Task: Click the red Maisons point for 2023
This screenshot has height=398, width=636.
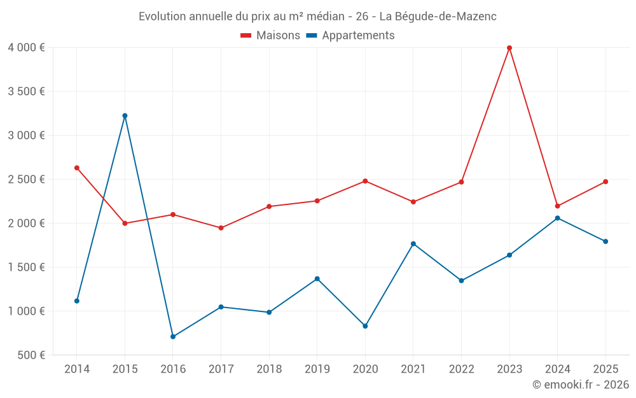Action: (x=509, y=48)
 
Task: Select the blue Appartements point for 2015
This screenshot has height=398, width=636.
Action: (x=125, y=115)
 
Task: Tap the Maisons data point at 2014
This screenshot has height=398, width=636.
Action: (x=77, y=167)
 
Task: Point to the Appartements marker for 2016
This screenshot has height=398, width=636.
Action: (x=173, y=336)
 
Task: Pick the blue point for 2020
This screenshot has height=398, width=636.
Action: (x=365, y=326)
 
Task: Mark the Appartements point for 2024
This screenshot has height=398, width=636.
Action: (x=558, y=218)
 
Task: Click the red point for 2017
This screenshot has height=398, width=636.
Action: (x=221, y=227)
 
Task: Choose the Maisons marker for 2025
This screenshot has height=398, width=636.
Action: (x=605, y=181)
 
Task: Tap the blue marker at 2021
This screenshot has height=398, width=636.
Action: (x=413, y=243)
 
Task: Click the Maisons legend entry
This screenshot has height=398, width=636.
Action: (x=270, y=36)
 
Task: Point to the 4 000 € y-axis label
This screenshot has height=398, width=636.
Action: (x=26, y=48)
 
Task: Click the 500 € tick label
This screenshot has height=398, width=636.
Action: (x=31, y=355)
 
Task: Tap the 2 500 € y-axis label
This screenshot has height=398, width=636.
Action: (x=26, y=179)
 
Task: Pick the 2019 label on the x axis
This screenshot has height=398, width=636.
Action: (x=317, y=369)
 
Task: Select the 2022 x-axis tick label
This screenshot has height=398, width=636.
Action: (x=462, y=369)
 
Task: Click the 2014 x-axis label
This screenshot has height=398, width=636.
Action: (x=77, y=369)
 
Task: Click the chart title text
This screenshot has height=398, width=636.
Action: (x=317, y=17)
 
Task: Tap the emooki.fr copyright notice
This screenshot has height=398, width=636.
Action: (x=581, y=385)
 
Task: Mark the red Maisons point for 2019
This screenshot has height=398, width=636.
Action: (x=317, y=201)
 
